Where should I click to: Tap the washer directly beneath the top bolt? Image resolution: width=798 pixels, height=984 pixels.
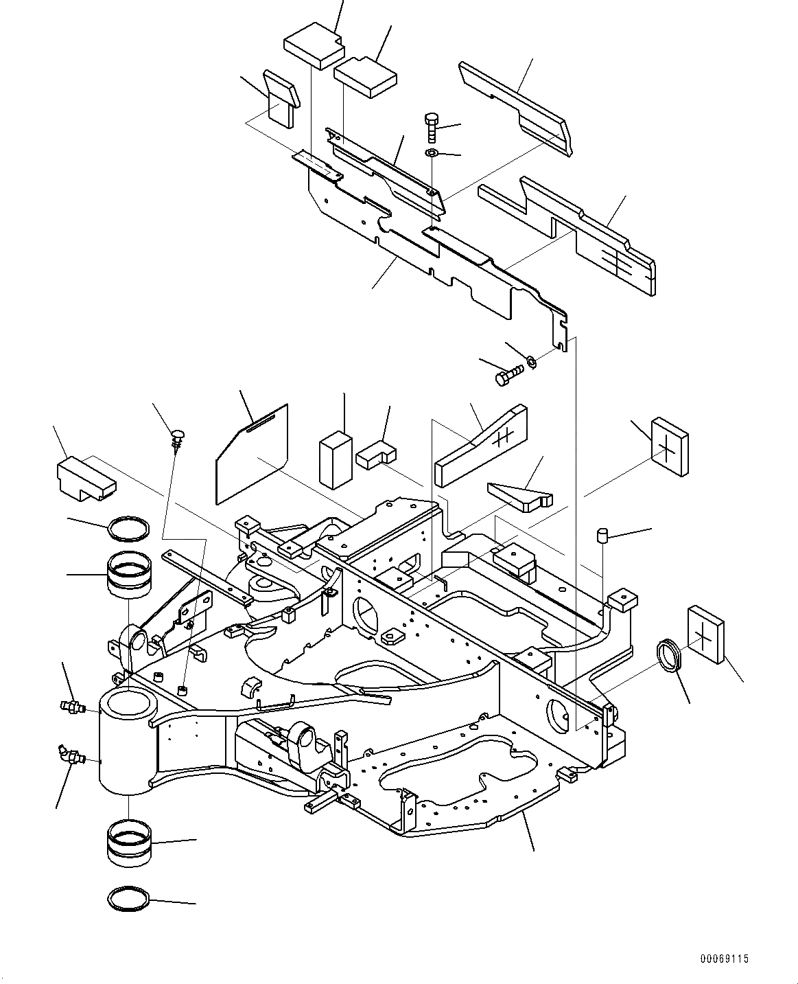432,152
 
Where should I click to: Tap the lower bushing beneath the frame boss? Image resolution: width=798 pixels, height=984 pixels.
129,845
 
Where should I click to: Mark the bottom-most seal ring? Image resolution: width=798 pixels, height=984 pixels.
129,898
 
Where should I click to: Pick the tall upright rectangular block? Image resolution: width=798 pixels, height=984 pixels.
336,459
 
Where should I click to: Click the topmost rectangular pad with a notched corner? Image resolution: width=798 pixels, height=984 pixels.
312,43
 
